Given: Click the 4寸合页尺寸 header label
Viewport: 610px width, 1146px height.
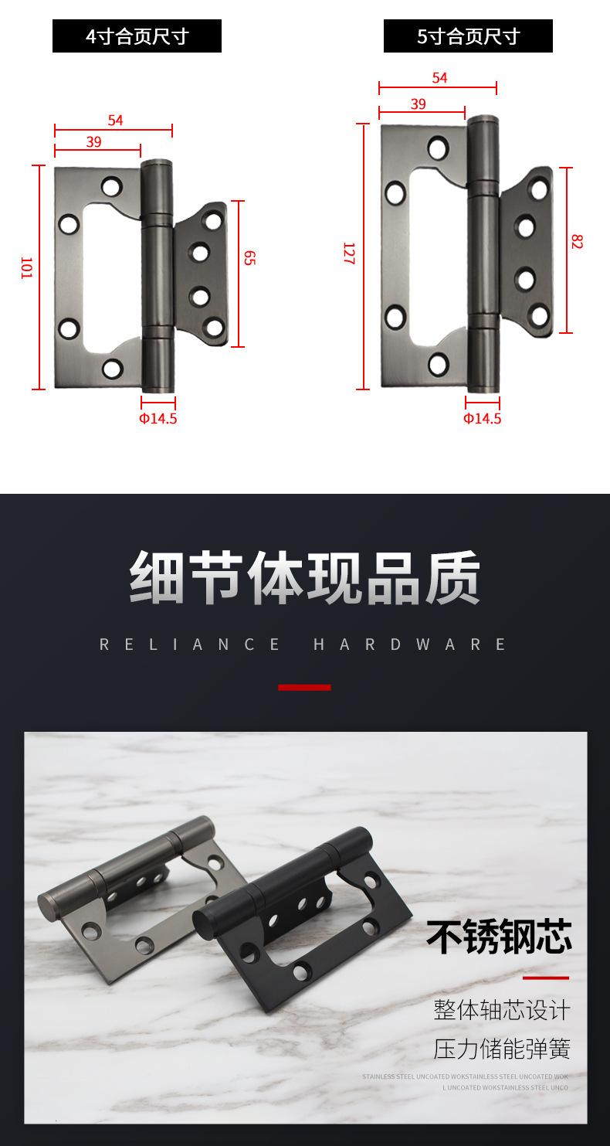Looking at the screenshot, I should coord(137,36).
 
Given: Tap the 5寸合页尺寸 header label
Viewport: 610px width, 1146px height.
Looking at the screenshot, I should coord(468,36).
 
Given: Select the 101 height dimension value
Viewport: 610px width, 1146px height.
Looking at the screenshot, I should coord(25,267).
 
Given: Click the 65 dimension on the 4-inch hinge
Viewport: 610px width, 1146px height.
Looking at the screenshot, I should coord(249,258).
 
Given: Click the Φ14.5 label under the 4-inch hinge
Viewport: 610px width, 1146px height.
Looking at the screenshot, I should coord(158,419).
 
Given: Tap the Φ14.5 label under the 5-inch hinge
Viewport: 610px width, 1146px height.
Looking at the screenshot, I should coord(482,419).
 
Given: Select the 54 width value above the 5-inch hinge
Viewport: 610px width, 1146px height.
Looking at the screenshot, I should coord(439,78).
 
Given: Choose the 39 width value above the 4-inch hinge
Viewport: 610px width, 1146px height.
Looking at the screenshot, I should coord(93,141).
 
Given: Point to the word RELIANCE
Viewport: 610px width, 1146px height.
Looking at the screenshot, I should coord(191,644).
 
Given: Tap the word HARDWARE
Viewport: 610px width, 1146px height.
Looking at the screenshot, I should coord(410,644).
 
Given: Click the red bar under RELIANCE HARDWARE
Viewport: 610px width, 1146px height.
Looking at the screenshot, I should coord(304,687).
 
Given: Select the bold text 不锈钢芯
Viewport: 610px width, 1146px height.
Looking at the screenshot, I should coord(499,937).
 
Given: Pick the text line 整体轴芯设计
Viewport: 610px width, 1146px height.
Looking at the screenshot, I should coord(502,1009).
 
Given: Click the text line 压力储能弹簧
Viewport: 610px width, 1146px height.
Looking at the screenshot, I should coord(502,1049).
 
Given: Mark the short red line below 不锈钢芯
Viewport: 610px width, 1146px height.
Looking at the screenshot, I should coord(545,978).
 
